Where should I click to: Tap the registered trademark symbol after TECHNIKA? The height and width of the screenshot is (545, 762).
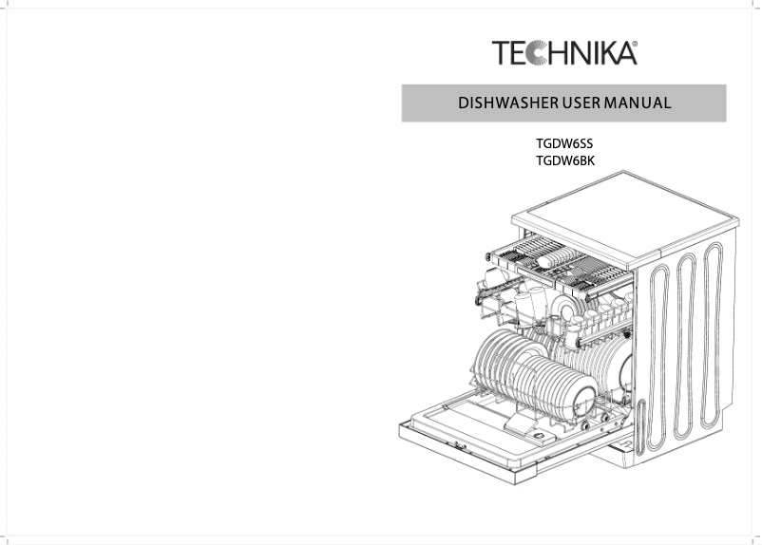pos(635,44)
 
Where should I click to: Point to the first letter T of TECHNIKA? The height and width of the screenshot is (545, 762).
pos(501,53)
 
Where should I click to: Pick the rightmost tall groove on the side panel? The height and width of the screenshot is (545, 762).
pos(713,332)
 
